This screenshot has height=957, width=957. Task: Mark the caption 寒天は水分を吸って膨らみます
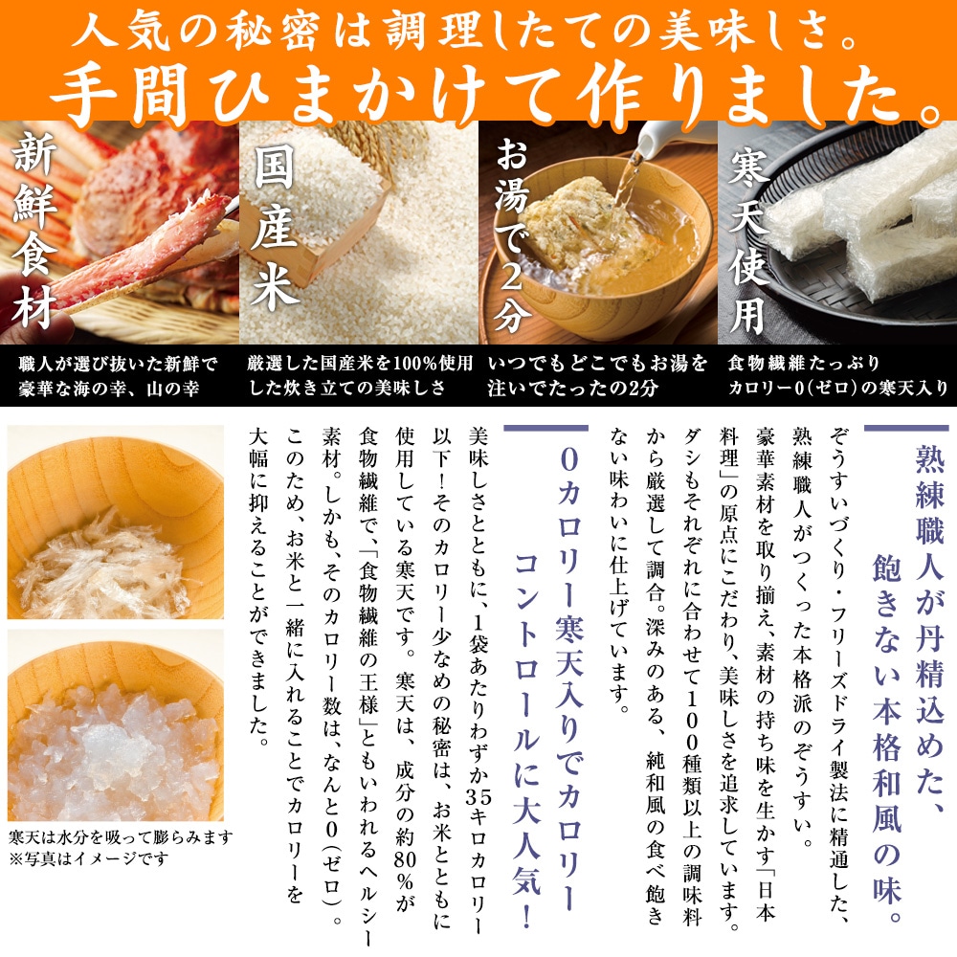120,836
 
